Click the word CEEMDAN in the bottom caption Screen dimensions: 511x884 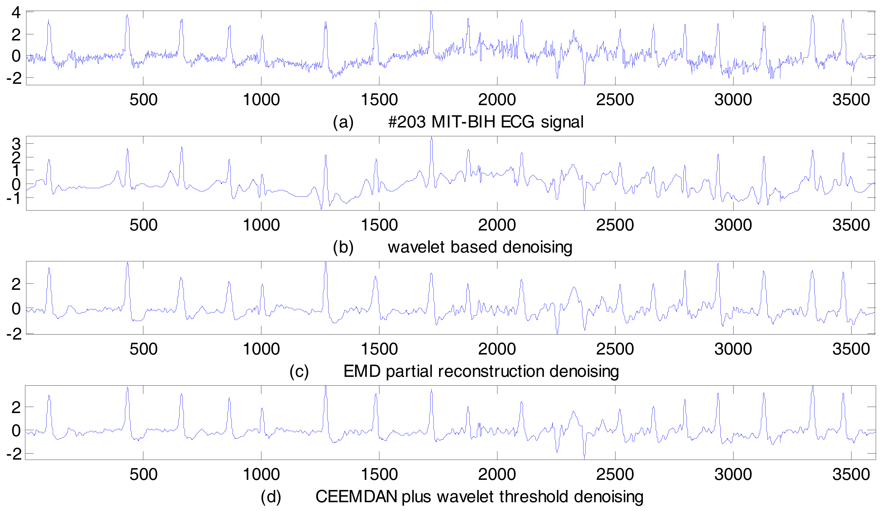coord(356,497)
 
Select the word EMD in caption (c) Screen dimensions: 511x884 coord(362,372)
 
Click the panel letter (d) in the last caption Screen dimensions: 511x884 coord(271,497)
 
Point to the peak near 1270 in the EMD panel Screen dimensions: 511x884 coord(326,263)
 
